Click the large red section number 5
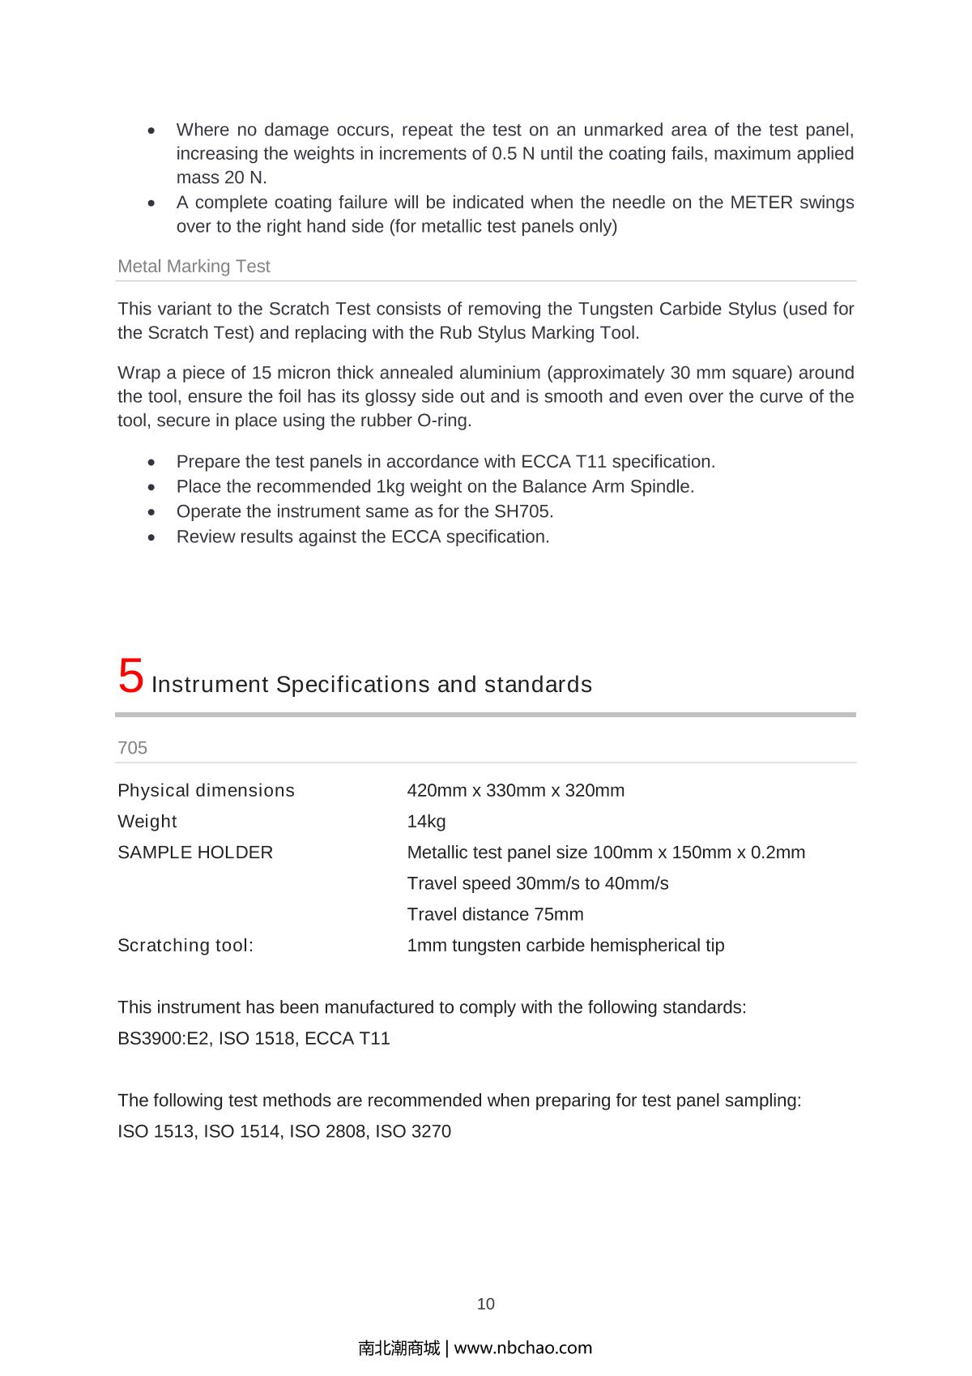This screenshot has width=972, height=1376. coord(130,677)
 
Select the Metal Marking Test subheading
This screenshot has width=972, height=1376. coord(194,267)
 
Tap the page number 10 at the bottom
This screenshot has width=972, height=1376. coord(485,1304)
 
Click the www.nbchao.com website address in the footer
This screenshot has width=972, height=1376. coord(523,1348)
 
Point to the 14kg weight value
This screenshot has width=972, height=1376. coord(426,822)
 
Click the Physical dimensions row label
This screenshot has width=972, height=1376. coord(206,791)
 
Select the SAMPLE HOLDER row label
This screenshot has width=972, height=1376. coord(195,853)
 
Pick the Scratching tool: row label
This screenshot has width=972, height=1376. coord(185,946)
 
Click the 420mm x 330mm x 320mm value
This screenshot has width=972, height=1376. coord(515,791)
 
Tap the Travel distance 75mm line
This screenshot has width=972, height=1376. coord(495,915)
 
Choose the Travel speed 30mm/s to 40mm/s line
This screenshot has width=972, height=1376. coord(537,883)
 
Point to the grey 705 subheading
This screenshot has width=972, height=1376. coord(133,748)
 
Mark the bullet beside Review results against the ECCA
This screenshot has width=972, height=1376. coord(152,537)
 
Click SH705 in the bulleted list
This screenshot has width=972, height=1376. coord(524,512)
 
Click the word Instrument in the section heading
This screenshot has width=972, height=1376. coord(210,685)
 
